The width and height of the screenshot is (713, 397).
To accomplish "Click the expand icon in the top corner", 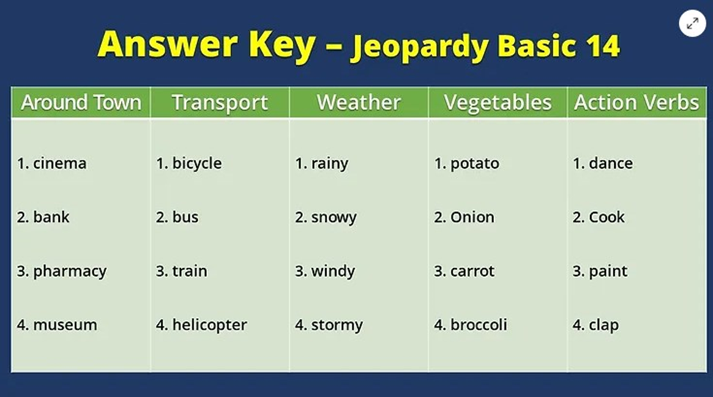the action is pyautogui.click(x=692, y=23).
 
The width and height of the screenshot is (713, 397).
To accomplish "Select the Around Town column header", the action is pyautogui.click(x=81, y=103).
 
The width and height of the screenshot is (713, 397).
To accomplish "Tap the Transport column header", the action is pyautogui.click(x=220, y=103).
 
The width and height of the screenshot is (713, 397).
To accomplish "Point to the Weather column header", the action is pyautogui.click(x=359, y=103).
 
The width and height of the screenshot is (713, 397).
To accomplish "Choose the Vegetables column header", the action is pyautogui.click(x=498, y=103).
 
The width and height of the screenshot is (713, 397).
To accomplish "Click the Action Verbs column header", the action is pyautogui.click(x=637, y=103).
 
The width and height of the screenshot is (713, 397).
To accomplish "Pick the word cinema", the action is pyautogui.click(x=59, y=163).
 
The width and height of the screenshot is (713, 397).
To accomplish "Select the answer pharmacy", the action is pyautogui.click(x=70, y=272).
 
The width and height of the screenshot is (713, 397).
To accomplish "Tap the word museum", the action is pyautogui.click(x=65, y=325).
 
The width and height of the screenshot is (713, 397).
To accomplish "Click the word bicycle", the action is pyautogui.click(x=197, y=164).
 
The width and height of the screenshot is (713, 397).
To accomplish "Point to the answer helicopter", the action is pyautogui.click(x=209, y=325).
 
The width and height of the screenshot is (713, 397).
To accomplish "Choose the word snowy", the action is pyautogui.click(x=334, y=218).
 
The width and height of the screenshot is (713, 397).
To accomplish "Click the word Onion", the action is pyautogui.click(x=472, y=218).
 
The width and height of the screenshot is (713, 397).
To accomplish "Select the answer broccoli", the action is pyautogui.click(x=478, y=324).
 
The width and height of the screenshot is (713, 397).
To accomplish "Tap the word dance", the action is pyautogui.click(x=611, y=163).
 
